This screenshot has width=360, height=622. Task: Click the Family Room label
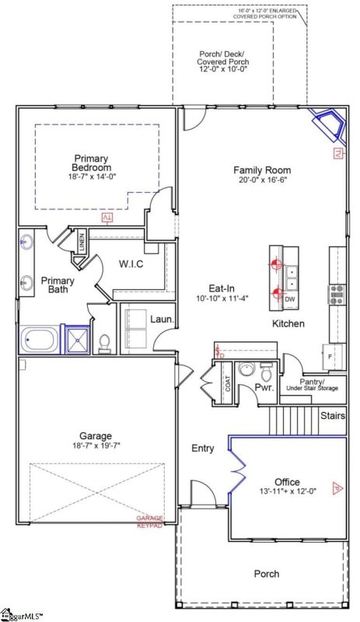[262, 170]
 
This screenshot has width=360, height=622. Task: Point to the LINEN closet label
[82, 243]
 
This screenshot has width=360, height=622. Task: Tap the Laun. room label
[161, 319]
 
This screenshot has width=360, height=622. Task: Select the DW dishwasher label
[289, 299]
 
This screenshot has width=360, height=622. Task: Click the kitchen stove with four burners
[337, 293]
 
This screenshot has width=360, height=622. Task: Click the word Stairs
[333, 417]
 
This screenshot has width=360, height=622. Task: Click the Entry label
[203, 449]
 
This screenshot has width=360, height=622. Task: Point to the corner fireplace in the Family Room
[325, 124]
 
